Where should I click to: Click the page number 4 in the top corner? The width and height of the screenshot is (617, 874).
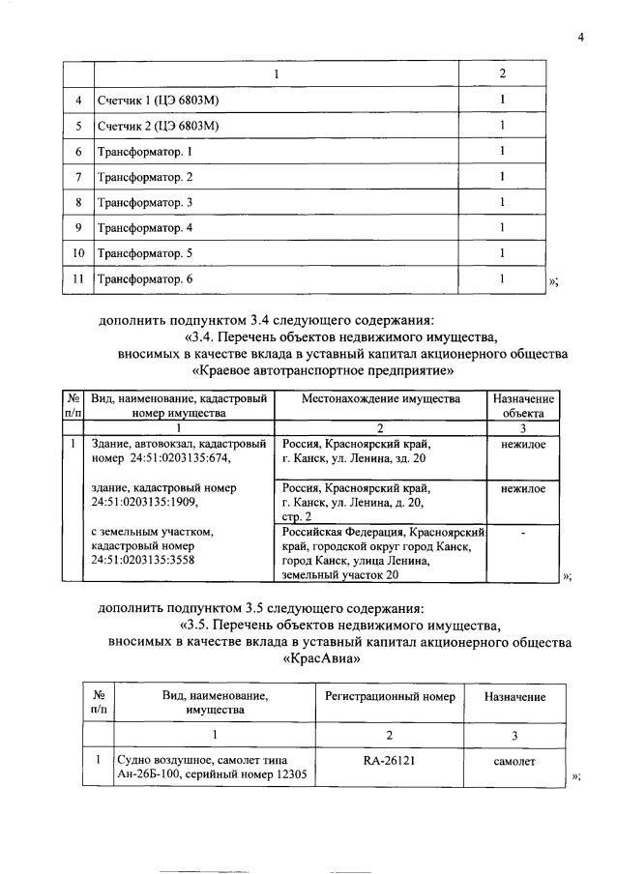coord(581,38)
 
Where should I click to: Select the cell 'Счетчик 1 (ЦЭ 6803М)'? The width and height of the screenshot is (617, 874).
coord(159,100)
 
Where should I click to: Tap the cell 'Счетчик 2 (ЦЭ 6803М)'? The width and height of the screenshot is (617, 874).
coord(159,126)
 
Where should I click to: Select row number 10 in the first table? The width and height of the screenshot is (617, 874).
coord(78,253)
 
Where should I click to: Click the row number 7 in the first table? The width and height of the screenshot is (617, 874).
coord(78,177)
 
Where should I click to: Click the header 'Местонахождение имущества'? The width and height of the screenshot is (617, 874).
coord(381,398)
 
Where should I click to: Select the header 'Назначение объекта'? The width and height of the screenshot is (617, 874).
coord(523,405)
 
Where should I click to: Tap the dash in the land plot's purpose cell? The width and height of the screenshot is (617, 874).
coord(523,533)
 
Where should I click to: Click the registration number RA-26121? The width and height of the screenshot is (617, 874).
coord(385,760)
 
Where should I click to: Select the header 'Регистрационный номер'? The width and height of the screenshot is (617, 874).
coord(384,696)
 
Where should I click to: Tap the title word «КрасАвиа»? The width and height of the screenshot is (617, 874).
coord(323,660)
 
